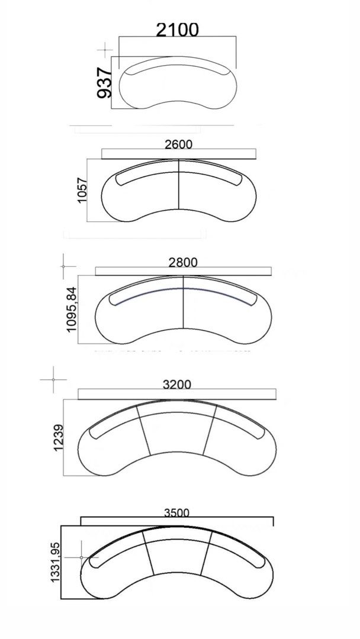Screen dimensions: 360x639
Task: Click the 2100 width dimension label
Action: (178, 30)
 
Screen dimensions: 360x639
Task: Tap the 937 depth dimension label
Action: (104, 83)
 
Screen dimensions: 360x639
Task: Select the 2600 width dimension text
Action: (179, 144)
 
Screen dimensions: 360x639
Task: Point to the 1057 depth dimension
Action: (82, 190)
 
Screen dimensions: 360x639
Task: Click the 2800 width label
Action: (183, 262)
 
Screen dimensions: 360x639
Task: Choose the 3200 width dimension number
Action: (176, 384)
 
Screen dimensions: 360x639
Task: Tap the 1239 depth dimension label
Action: (58, 438)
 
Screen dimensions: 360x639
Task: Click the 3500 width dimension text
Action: (176, 512)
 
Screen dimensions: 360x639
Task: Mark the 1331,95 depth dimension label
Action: (56, 562)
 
